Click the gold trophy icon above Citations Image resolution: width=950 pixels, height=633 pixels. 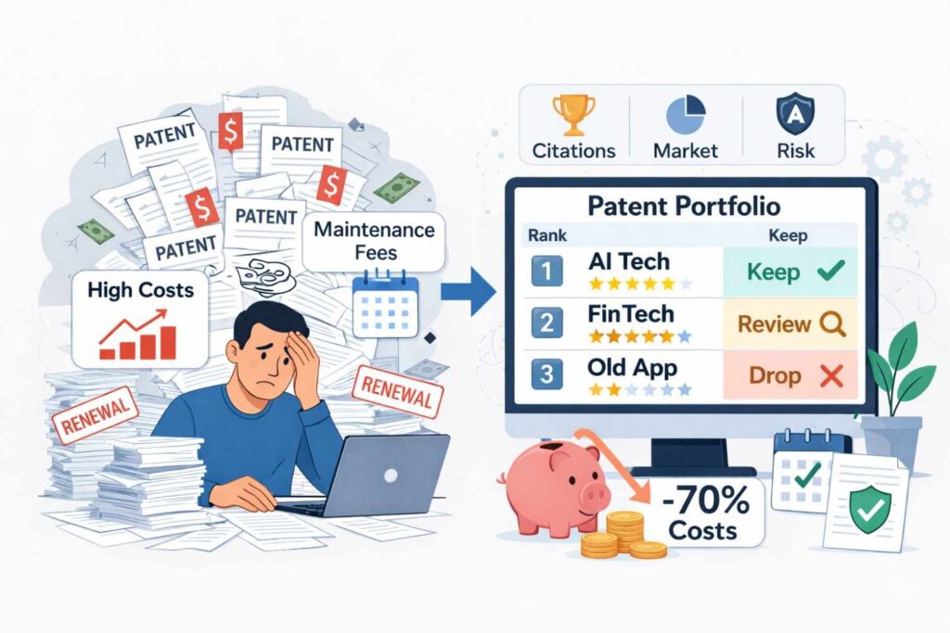pos(573,115)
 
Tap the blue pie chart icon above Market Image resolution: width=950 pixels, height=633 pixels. pos(686,115)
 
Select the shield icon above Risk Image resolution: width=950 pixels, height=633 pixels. pos(795,115)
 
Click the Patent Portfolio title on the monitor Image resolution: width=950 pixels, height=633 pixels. pos(685,205)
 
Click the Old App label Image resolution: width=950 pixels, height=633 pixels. pos(633,367)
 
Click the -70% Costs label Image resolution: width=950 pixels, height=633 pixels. pos(708,514)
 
